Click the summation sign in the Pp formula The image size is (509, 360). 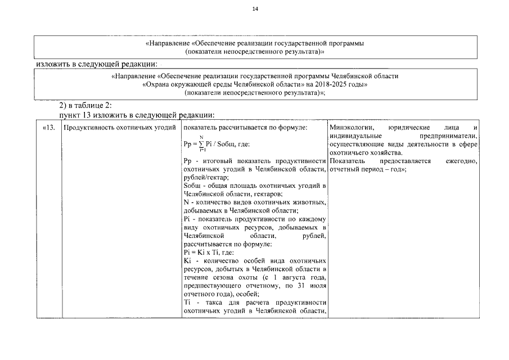point(201,144)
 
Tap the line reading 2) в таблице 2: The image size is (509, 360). point(86,105)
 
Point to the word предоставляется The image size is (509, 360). point(404,161)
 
